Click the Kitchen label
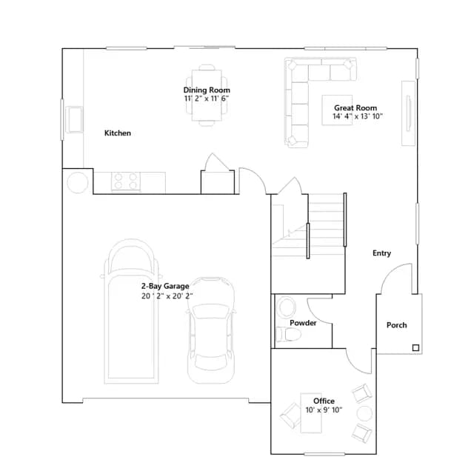(118, 133)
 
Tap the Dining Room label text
(207, 90)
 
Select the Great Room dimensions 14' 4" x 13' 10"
(358, 116)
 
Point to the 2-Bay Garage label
(165, 286)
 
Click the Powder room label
(303, 323)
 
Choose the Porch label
(397, 325)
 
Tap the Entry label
(382, 253)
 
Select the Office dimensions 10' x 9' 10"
(324, 410)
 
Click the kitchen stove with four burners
(126, 181)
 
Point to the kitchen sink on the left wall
(74, 119)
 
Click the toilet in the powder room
(289, 335)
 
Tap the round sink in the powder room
(287, 307)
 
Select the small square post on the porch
(415, 348)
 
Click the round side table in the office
(364, 413)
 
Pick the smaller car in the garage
(211, 330)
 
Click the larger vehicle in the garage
(132, 311)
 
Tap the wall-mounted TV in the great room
(408, 113)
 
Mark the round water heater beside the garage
(78, 183)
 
